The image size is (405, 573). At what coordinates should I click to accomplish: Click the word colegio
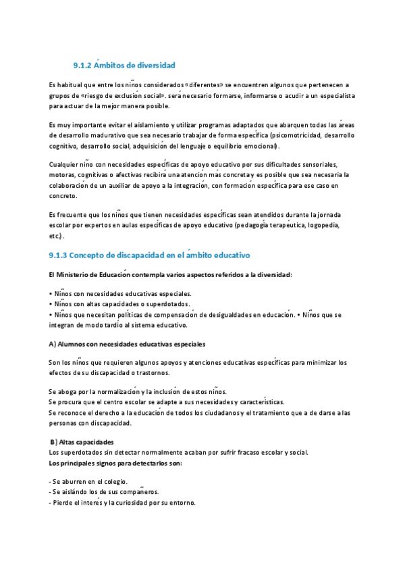(x=110, y=482)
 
